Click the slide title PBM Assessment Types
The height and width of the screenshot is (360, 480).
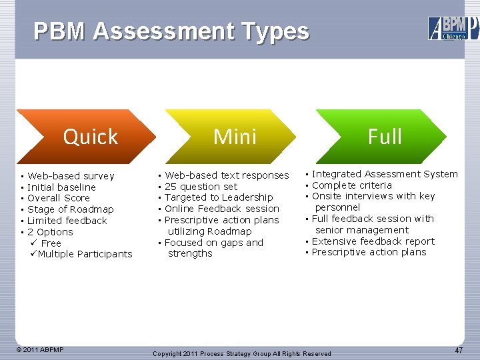171,31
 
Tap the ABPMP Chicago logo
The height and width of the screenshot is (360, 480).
453,28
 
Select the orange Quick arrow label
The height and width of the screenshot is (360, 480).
90,137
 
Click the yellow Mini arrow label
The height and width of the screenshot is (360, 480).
235,137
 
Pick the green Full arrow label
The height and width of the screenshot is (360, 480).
385,137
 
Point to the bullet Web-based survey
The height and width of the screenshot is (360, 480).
71,176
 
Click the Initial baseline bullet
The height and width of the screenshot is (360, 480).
61,187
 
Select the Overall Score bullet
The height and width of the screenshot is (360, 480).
59,198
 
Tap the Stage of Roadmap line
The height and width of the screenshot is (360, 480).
71,209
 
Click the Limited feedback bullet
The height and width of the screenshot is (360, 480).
67,221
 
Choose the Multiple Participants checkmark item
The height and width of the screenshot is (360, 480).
85,254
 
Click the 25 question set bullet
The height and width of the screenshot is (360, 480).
201,187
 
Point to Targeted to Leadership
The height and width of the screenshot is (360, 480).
219,197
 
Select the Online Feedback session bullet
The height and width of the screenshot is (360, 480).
222,209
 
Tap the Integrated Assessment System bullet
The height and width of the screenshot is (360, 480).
385,174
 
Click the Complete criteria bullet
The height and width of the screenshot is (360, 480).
352,185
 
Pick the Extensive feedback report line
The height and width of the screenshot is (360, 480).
373,241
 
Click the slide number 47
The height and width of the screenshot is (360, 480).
459,350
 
